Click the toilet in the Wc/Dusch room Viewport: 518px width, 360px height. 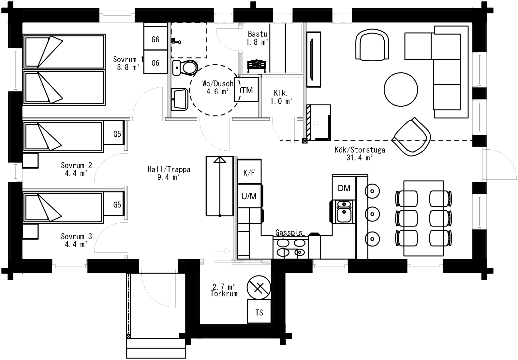185,67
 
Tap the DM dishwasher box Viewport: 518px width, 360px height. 344,188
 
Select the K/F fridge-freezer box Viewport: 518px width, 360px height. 249,172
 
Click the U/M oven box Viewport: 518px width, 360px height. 249,196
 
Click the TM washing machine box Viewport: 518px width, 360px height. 246,90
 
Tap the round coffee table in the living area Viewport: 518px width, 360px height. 401,90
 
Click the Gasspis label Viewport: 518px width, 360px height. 289,232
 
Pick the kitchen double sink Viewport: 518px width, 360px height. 344,211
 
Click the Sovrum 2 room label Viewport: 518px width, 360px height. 76,165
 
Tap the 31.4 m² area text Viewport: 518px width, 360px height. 360,158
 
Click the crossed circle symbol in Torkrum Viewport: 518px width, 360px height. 259,288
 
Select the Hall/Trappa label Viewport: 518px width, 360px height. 169,169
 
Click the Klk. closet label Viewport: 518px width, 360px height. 281,93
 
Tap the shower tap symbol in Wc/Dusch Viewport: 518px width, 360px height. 176,41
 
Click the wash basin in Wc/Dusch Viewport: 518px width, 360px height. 179,99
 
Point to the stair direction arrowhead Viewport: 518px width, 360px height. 220,160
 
